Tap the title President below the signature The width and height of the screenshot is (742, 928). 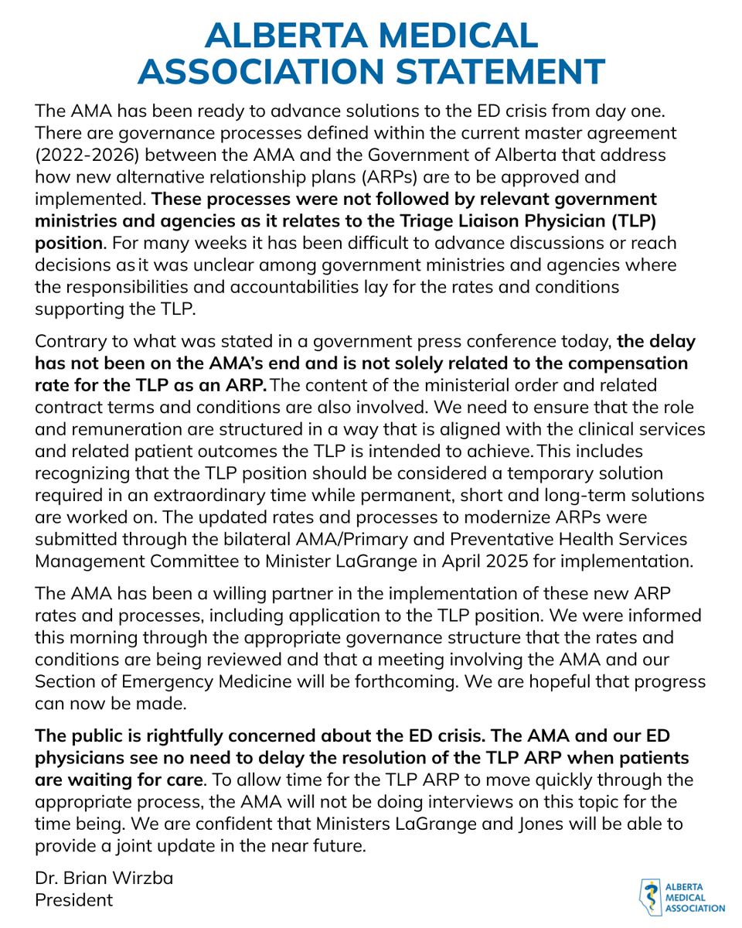point(74,899)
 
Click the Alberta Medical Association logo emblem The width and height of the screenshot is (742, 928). point(651,897)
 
